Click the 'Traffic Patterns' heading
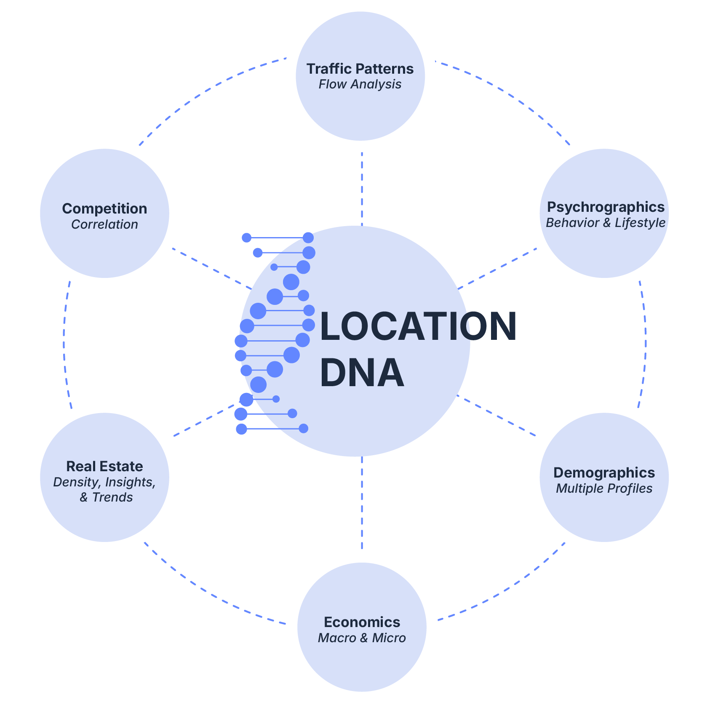tap(360, 69)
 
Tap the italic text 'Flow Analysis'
tap(360, 84)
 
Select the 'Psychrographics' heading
tap(606, 207)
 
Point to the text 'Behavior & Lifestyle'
tap(606, 223)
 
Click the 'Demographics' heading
tap(604, 473)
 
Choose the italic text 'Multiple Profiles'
tap(604, 488)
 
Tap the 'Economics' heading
tap(362, 622)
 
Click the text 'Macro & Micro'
tap(362, 638)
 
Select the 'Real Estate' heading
tap(104, 466)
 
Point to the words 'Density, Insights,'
tap(104, 482)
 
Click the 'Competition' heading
tap(104, 208)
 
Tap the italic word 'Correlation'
tap(104, 224)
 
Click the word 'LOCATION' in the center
tap(418, 326)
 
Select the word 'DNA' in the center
tap(362, 373)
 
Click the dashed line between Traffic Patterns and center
tap(362, 189)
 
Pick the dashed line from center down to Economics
tap(362, 503)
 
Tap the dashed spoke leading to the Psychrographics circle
tap(497, 269)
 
